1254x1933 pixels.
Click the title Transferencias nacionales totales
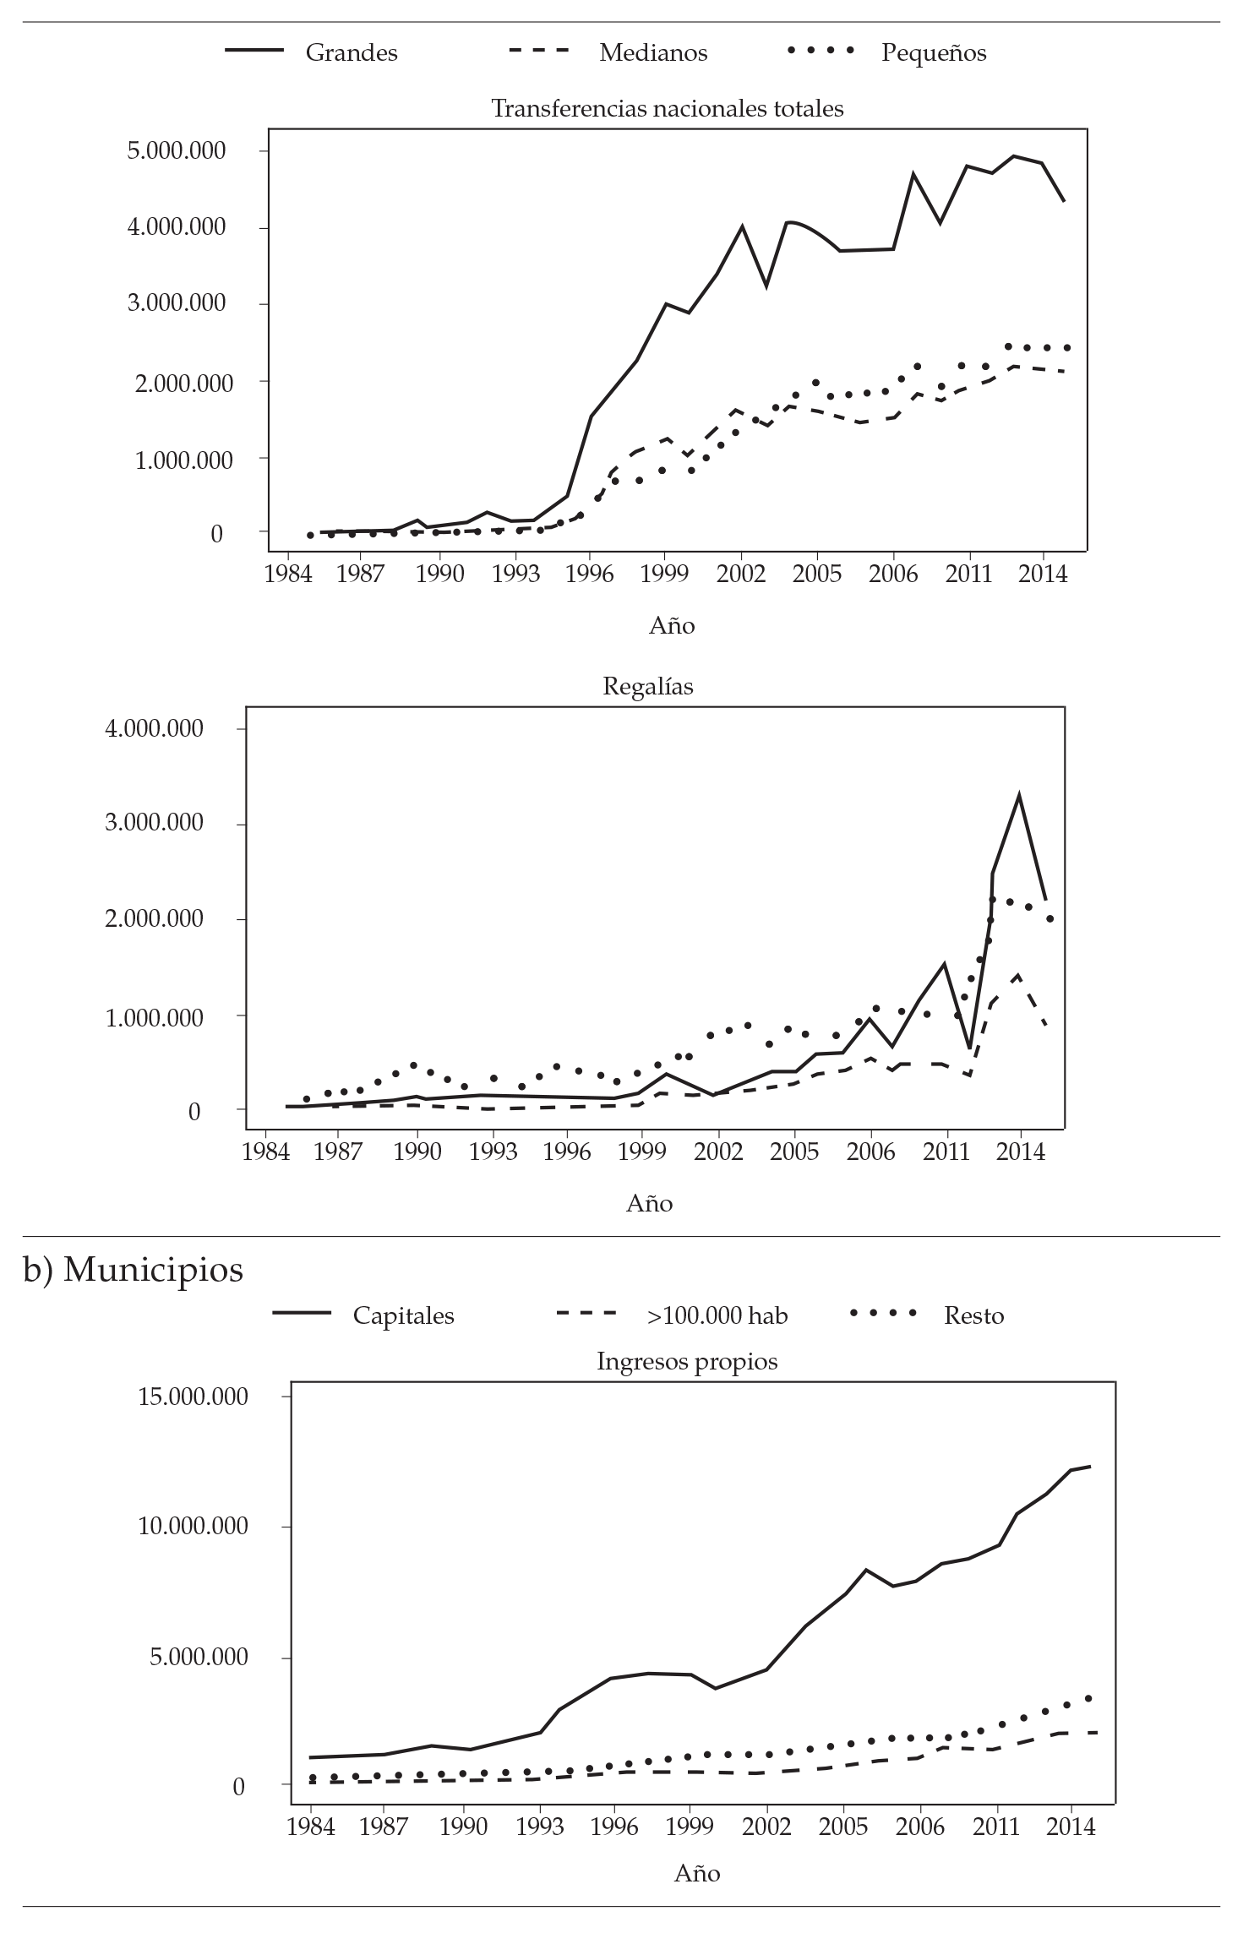pyautogui.click(x=667, y=109)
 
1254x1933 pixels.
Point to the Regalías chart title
pyautogui.click(x=648, y=686)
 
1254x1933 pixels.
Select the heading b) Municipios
pyautogui.click(x=133, y=1269)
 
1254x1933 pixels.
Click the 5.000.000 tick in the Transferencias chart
pyautogui.click(x=177, y=151)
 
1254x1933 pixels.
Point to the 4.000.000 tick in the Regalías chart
pyautogui.click(x=154, y=728)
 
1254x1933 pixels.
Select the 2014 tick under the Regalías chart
pyautogui.click(x=1021, y=1152)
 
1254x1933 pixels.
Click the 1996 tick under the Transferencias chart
pyautogui.click(x=589, y=574)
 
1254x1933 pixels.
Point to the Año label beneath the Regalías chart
pyautogui.click(x=649, y=1203)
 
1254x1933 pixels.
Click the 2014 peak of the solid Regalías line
pyautogui.click(x=1020, y=795)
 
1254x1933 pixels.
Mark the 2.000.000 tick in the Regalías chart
pyautogui.click(x=154, y=919)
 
